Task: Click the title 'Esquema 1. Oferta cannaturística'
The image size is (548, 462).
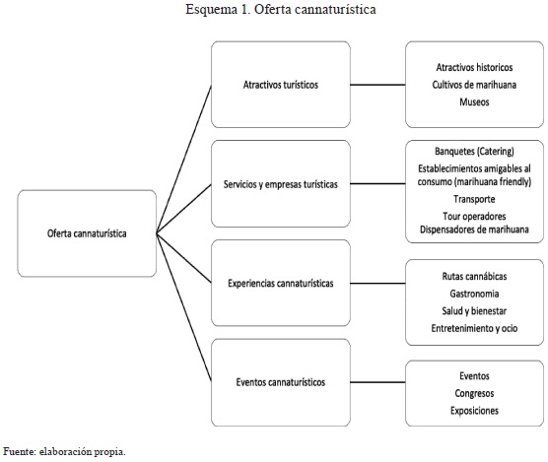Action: click(x=281, y=10)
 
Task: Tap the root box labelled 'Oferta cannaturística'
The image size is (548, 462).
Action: click(x=87, y=233)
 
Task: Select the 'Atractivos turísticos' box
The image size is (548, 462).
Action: click(x=281, y=85)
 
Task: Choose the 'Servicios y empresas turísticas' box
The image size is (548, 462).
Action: click(x=281, y=183)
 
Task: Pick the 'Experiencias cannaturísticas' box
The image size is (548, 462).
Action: click(x=281, y=283)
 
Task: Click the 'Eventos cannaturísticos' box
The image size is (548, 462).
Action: click(x=281, y=382)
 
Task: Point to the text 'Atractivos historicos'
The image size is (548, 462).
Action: click(x=474, y=67)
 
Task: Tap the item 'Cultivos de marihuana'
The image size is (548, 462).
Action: click(x=474, y=85)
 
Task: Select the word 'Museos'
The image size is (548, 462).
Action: click(x=474, y=102)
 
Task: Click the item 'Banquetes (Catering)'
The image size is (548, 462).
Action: click(x=474, y=151)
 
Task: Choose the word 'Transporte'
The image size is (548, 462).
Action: click(x=474, y=199)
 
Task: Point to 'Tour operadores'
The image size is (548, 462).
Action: click(x=474, y=216)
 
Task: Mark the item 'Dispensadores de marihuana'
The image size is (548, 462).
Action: click(x=474, y=230)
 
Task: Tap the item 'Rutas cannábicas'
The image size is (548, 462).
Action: click(x=474, y=276)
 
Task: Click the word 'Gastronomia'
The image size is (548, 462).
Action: click(x=474, y=294)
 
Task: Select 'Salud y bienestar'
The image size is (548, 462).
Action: click(x=474, y=311)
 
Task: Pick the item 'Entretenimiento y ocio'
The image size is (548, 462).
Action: click(x=474, y=328)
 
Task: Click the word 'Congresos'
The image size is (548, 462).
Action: click(x=474, y=393)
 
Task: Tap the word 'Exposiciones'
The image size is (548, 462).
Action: click(x=474, y=411)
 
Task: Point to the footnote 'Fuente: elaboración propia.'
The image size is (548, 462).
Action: click(x=64, y=451)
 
